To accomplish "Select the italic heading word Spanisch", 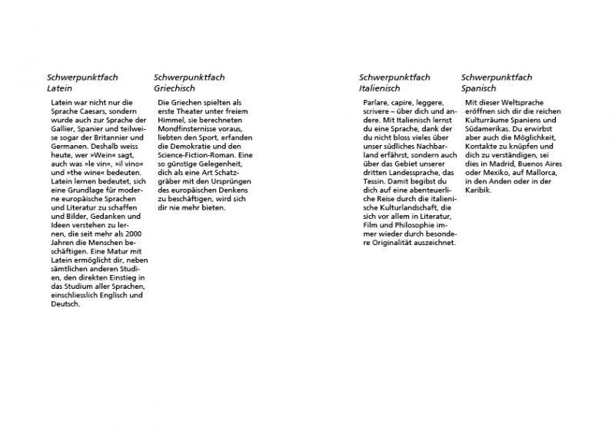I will tap(479, 89).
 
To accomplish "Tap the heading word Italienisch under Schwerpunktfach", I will tap(380, 89).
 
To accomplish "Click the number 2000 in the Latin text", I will tap(135, 234).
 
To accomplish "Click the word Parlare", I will tap(377, 103).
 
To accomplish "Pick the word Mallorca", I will tap(542, 173).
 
